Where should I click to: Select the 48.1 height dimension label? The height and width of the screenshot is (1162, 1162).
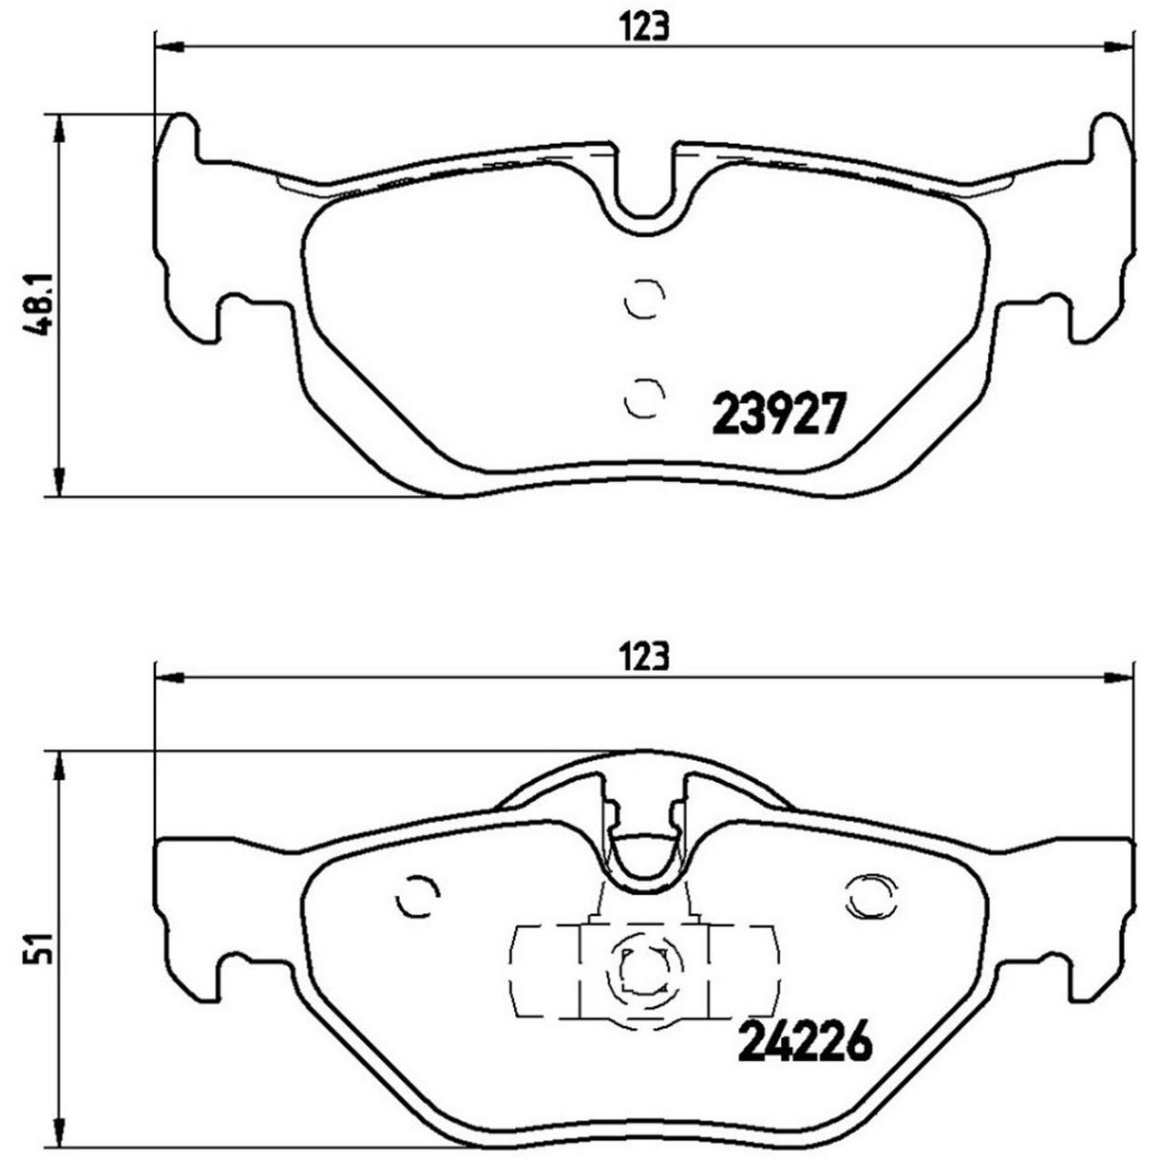37,305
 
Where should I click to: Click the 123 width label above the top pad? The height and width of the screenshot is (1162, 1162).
644,26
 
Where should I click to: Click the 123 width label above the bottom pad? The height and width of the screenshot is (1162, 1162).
644,656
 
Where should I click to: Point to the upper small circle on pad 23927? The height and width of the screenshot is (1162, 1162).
645,299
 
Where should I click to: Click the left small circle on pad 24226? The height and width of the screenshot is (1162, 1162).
418,898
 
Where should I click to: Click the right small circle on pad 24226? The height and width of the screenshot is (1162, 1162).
869,898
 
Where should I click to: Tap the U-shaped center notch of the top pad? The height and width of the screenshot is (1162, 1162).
645,191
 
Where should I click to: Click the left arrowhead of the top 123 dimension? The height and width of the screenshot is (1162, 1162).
170,46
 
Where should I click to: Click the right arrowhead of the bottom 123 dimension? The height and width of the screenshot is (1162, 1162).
1120,676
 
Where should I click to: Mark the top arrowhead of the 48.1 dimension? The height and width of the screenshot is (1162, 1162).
59,129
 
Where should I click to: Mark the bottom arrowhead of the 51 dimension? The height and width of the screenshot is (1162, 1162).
59,1130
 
